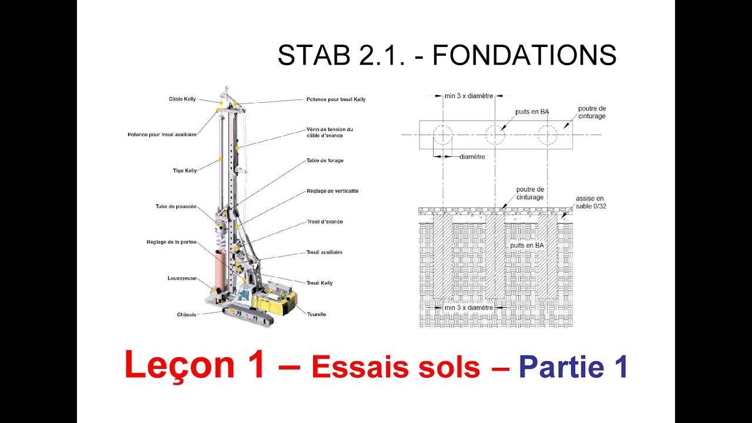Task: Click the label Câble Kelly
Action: pos(182,99)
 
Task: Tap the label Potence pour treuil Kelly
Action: pos(335,99)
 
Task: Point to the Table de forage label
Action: pos(324,160)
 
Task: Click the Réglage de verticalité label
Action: pos(332,191)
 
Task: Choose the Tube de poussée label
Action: pos(176,206)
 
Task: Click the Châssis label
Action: pos(186,314)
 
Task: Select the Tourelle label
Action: pos(316,314)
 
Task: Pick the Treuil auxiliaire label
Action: pos(324,252)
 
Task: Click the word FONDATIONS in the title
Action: pos(524,56)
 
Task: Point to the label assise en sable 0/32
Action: pos(589,202)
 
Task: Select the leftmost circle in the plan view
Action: pos(442,135)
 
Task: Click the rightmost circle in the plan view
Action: pos(547,135)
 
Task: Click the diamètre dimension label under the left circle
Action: pos(472,157)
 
